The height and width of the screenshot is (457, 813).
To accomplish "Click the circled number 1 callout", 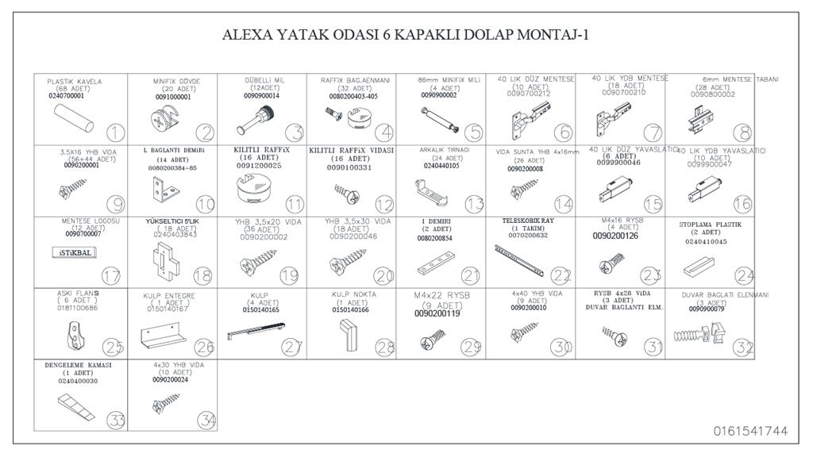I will point(116,132).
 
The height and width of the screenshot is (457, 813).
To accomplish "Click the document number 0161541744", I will point(750,432).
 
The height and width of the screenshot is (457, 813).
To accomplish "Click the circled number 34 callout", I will point(206,419).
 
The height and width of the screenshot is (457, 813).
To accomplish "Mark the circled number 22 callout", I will point(562,275).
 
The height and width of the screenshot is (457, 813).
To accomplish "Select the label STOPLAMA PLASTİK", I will point(710,225).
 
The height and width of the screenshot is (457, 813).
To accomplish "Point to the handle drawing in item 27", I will point(256,330).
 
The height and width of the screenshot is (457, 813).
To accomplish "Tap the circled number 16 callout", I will point(742,204).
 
